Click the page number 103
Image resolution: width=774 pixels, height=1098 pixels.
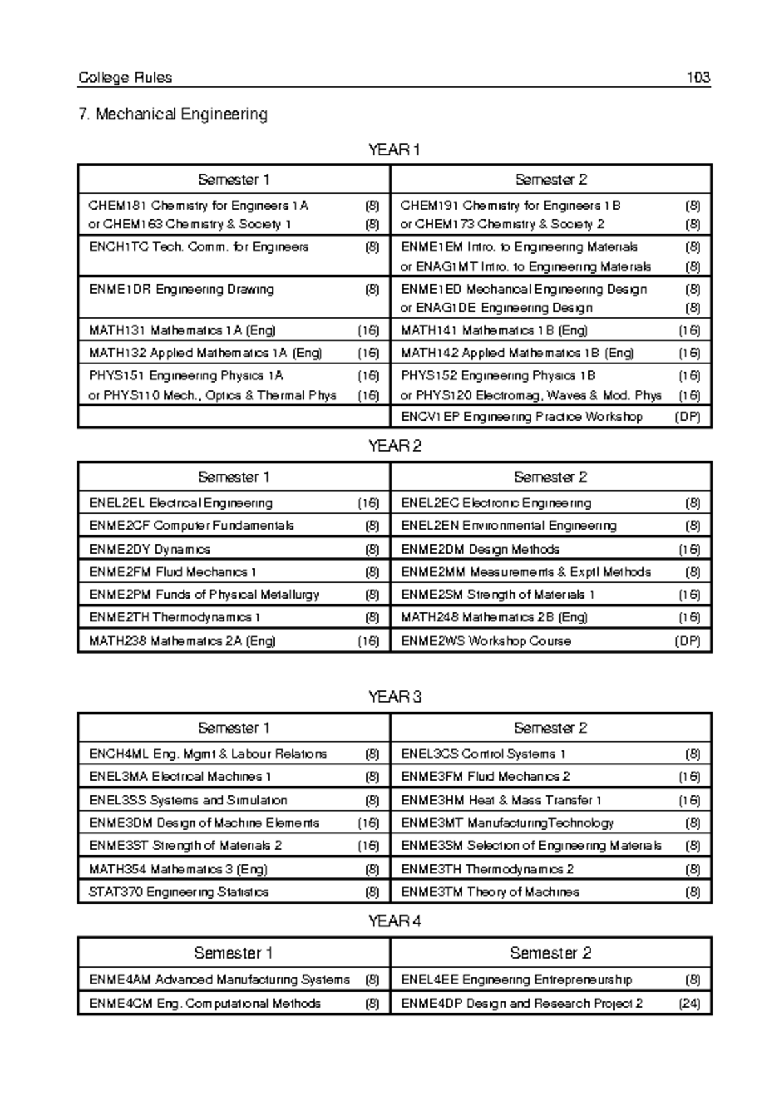[698, 78]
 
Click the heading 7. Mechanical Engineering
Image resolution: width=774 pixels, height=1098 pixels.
[172, 114]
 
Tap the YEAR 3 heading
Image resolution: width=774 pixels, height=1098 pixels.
[394, 697]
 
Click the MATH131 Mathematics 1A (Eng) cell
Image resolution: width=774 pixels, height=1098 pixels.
[183, 331]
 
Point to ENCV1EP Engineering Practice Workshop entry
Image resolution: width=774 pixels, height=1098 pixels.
[521, 417]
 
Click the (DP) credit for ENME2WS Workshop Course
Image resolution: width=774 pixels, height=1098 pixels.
[688, 641]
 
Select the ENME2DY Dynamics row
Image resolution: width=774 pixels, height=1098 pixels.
[150, 550]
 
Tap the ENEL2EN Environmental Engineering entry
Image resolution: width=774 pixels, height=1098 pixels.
[508, 526]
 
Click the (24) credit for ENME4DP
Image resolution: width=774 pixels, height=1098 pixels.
[689, 1004]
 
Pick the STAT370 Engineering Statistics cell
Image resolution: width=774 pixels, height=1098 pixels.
[179, 892]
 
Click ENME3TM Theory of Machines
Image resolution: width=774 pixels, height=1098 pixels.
[490, 892]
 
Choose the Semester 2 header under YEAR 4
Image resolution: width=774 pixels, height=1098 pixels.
[550, 953]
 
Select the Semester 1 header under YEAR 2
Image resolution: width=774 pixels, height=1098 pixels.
[233, 477]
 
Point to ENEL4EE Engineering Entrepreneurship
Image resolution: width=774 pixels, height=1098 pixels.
[516, 980]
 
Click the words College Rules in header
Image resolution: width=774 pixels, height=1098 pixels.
[125, 78]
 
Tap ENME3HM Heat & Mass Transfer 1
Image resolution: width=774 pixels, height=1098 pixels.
[501, 801]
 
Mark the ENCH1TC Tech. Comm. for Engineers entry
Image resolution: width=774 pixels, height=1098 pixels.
[199, 247]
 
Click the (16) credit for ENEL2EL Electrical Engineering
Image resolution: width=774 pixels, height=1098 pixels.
[368, 503]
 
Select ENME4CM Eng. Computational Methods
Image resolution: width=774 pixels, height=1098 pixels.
[204, 1004]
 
